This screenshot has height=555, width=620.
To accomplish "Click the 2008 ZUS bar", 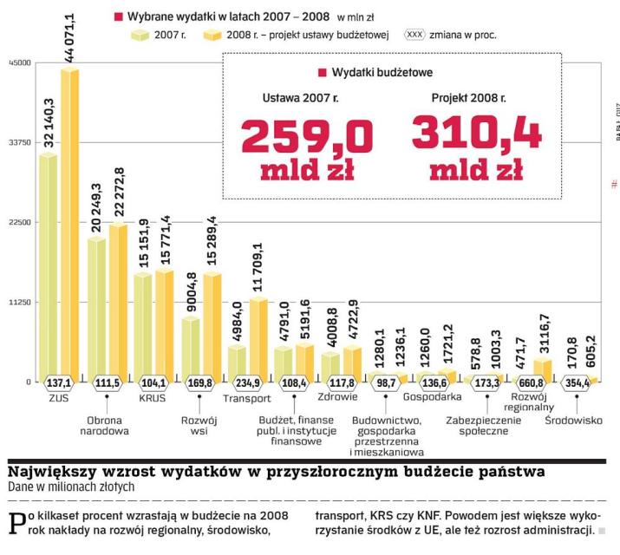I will tap(69, 225).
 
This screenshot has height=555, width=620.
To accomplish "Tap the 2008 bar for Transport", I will tap(258, 338).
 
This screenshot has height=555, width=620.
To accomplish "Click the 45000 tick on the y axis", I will tap(19, 63).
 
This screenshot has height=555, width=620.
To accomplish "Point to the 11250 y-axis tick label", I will tap(19, 302).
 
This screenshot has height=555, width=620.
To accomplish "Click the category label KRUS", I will tap(152, 400).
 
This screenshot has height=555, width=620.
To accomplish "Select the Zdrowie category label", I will tap(339, 400).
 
